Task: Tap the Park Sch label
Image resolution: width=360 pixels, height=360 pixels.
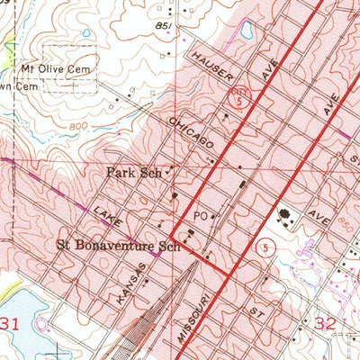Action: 132,169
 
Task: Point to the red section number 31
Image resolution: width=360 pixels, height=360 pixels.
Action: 10,323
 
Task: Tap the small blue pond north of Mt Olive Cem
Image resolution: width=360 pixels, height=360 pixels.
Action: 85,33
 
